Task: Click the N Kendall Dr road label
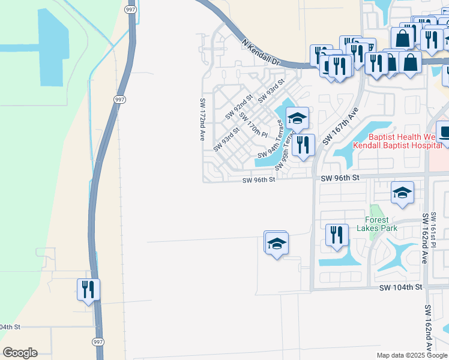click(x=261, y=52)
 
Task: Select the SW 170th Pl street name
click(x=253, y=124)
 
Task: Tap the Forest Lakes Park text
click(x=377, y=224)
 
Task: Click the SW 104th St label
click(x=401, y=288)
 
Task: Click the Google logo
click(x=20, y=353)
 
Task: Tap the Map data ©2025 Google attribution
click(x=412, y=355)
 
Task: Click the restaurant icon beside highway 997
click(x=88, y=289)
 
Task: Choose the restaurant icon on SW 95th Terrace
click(x=303, y=144)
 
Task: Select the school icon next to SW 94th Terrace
click(x=297, y=118)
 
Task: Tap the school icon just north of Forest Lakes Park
click(x=402, y=192)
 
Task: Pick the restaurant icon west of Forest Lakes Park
click(x=337, y=234)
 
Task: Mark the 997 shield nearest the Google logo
click(x=98, y=341)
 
